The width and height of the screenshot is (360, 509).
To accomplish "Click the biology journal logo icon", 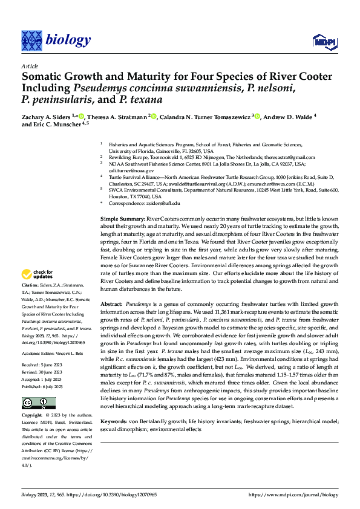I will click(31, 41).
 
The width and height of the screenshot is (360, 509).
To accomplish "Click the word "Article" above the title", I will click(30, 66).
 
